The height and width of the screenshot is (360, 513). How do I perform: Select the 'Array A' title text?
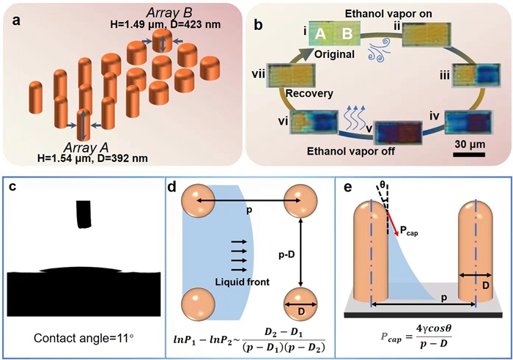pyautogui.click(x=84, y=145)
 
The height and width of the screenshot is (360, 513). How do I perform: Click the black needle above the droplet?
pyautogui.click(x=84, y=213)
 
